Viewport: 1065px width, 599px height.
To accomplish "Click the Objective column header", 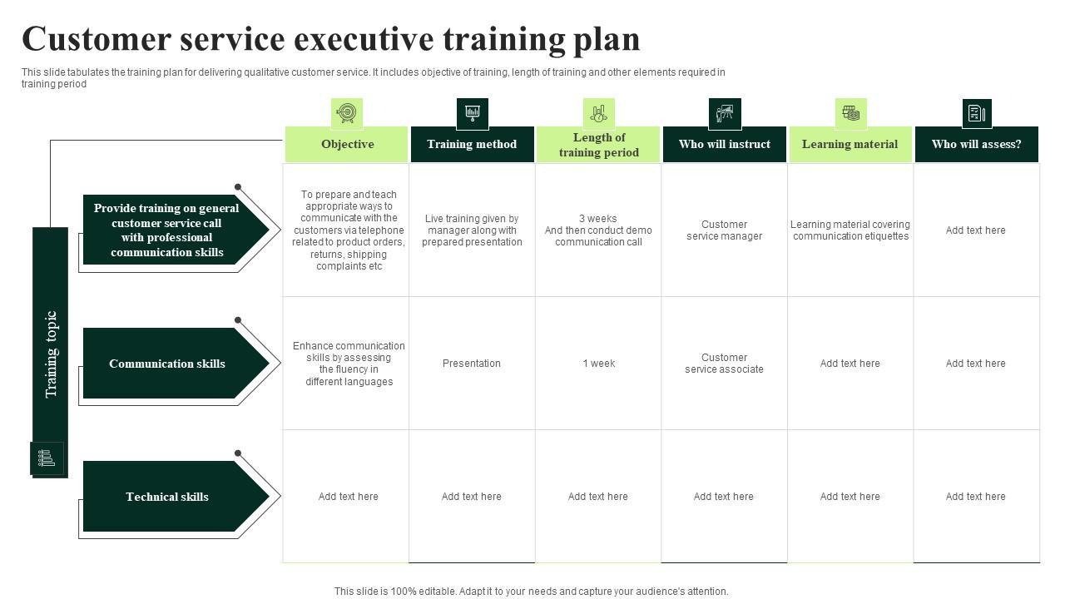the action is [x=347, y=145].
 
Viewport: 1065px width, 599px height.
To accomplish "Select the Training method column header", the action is [x=472, y=145].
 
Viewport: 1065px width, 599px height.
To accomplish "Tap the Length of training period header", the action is [x=598, y=145].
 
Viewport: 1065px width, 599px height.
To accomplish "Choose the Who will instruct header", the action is [x=724, y=145].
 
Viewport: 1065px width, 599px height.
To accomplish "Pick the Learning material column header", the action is [x=850, y=145].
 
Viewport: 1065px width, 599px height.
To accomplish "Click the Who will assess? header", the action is [x=976, y=145].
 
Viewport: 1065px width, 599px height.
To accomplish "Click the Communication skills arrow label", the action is [x=167, y=364].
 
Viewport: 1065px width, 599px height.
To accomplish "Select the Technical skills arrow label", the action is [x=167, y=497].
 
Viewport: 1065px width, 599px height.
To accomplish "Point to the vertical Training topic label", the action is [x=51, y=354].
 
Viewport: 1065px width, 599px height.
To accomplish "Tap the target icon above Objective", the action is [x=347, y=113].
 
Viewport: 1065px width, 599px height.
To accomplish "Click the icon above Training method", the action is [x=472, y=113].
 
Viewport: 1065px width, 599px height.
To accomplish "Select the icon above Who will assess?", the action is [x=976, y=113].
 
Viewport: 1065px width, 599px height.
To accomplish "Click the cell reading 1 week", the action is [x=598, y=364].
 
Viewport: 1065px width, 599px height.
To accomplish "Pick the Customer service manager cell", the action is [x=724, y=230].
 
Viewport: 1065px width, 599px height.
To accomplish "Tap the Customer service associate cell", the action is [x=724, y=364].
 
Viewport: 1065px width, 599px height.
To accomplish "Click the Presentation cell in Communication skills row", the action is [x=472, y=364].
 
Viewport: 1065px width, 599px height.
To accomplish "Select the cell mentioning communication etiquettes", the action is [x=850, y=230].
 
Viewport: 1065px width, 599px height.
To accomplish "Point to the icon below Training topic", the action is [x=47, y=458].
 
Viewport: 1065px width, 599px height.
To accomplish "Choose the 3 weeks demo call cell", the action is [x=598, y=230].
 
